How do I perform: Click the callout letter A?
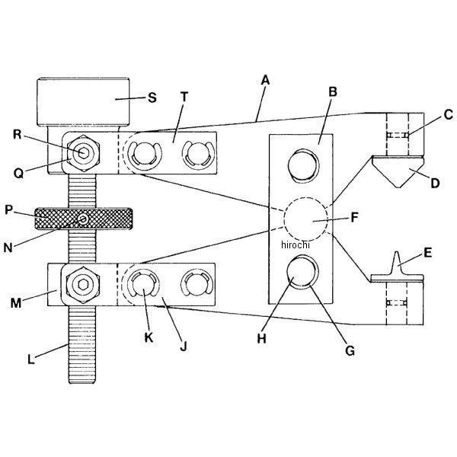265,78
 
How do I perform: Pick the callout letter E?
427,252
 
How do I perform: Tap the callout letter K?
148,335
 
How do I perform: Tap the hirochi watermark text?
296,244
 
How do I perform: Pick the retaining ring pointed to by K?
142,285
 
